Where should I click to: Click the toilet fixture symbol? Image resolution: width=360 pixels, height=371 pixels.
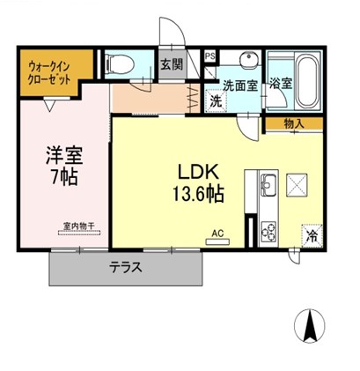coord(121,64)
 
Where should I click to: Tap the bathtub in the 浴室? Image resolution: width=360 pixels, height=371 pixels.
coord(307,80)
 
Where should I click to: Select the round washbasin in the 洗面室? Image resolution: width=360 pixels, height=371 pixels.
coord(249,59)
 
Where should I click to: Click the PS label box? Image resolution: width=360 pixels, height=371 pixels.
coord(209,56)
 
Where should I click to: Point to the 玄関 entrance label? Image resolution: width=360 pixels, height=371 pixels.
coord(172,64)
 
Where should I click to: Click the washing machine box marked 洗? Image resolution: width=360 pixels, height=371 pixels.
coord(217,101)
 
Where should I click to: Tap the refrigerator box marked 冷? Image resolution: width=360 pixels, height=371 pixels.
coord(312,236)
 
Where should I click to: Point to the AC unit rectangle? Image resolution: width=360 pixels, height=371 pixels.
coord(217,242)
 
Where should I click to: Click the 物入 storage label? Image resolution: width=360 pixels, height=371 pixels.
coord(294,124)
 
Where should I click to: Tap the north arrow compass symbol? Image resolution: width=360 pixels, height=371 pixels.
coord(310,326)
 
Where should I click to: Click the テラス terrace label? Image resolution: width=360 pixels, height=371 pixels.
coord(126,268)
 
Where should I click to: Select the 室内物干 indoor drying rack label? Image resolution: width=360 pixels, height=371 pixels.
coord(79,226)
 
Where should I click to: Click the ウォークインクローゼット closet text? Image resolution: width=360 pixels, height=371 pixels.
coord(49,73)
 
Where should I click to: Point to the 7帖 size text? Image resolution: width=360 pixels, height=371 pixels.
coord(64,177)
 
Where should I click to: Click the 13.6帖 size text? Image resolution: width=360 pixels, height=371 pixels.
coord(198,194)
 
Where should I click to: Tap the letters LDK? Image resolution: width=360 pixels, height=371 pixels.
coord(199,173)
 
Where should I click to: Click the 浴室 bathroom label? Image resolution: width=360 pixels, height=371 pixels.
coord(281,84)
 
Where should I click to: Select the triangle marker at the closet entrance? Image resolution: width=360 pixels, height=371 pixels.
coord(49,106)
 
